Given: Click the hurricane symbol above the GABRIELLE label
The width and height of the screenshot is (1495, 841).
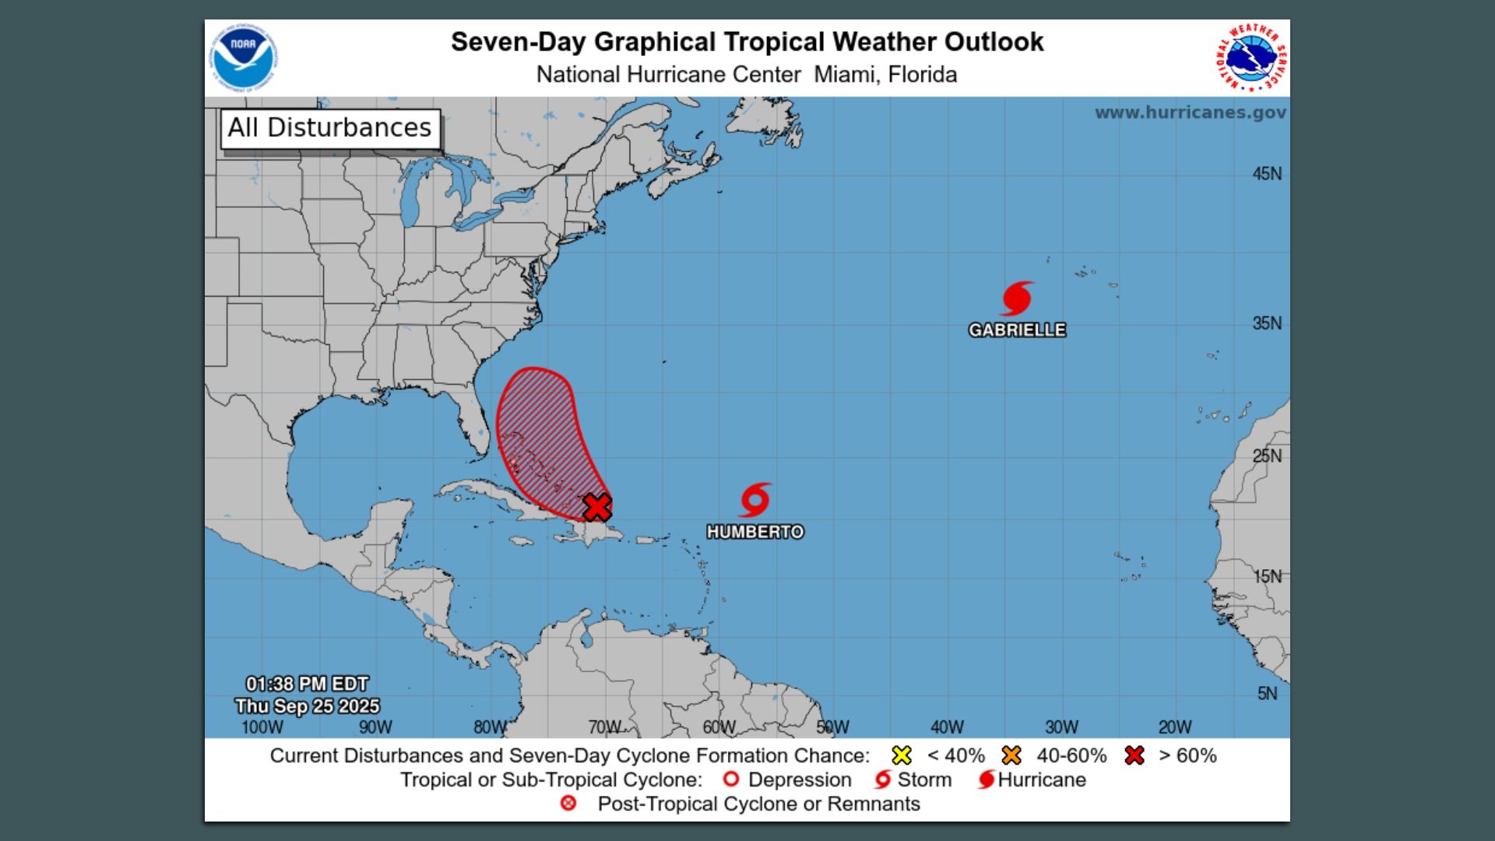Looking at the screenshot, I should pos(1016,299).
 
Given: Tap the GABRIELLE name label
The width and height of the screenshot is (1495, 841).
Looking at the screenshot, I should pos(1017,330).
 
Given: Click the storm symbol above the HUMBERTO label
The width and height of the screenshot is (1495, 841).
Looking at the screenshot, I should pos(755,500).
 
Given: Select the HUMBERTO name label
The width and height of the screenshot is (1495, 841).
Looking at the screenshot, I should pos(755,532).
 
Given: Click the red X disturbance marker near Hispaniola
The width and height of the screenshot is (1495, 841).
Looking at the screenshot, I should pos(597,507).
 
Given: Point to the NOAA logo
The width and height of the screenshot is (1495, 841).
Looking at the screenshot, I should pos(243,58).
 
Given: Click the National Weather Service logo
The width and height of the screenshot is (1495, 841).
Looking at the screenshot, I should pos(1251,58).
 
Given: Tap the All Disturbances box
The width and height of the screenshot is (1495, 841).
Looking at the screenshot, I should pos(329,128).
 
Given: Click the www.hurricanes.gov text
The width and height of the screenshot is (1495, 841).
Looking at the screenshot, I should pos(1190,112).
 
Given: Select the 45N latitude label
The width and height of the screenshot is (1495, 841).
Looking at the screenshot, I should pos(1266,174).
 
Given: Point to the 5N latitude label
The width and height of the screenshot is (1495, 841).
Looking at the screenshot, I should pos(1267,693).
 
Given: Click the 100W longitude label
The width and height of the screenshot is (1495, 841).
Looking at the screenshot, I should pos(262,727).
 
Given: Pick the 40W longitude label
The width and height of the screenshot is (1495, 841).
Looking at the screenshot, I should pos(947,727).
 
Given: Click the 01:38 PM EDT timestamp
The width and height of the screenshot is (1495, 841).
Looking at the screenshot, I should pos(307,684).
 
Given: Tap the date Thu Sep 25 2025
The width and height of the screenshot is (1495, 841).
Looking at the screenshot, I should pos(307,706).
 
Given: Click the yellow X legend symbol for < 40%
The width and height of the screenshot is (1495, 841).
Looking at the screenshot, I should pos(902,755).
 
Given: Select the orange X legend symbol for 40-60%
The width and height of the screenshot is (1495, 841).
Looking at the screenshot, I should pos(1011,755).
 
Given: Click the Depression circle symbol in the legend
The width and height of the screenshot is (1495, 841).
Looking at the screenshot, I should pos(730,779).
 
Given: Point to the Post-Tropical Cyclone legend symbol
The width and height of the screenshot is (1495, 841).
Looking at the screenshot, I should pos(568,804).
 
